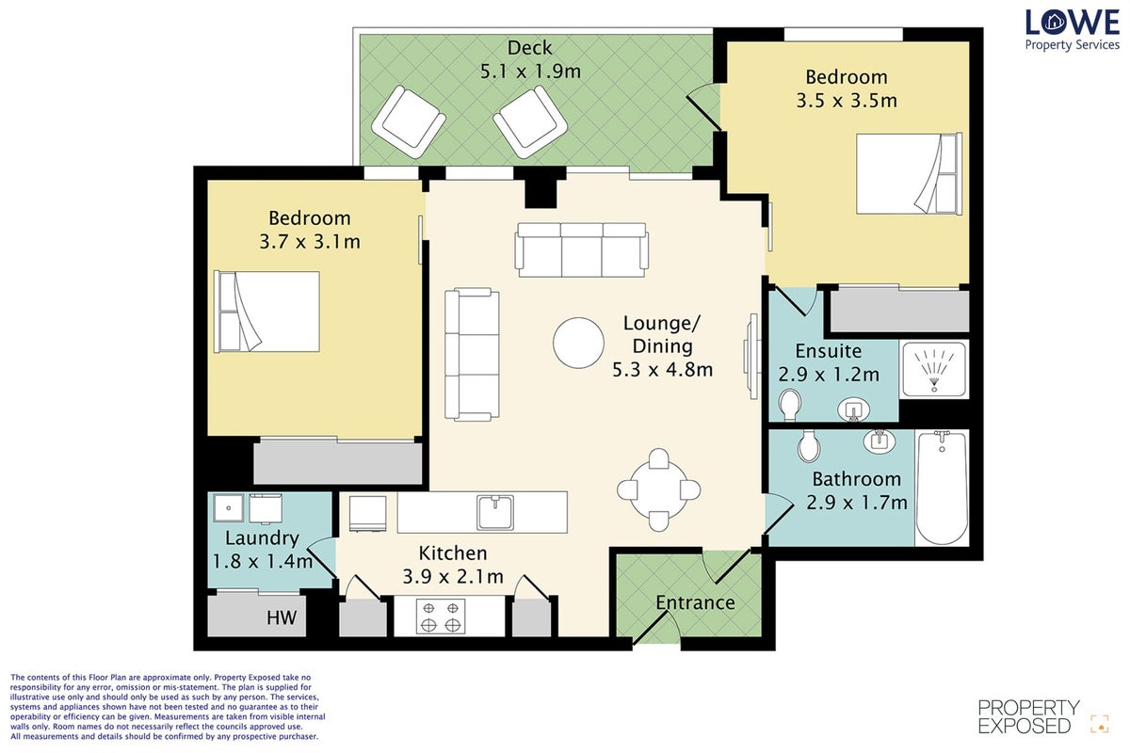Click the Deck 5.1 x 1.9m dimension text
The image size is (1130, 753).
[x=530, y=72]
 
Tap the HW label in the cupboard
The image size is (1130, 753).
[x=282, y=617]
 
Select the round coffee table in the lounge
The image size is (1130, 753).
[x=578, y=343]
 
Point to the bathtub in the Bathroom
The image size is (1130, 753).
[x=942, y=488]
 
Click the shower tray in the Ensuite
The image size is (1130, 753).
[x=934, y=370]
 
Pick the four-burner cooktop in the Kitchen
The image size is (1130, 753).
[x=441, y=617]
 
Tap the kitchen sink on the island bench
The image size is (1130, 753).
[x=495, y=512]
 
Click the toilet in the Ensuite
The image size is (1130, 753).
[x=789, y=405]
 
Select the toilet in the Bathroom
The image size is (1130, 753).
[x=809, y=445]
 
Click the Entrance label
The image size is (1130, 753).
[x=695, y=602]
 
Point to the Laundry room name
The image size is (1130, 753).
[x=262, y=537]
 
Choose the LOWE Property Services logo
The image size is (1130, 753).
[x=1072, y=30]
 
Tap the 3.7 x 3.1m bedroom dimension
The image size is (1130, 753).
[x=310, y=242]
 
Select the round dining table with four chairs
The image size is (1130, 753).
[x=658, y=489]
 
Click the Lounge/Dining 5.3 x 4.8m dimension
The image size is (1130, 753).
[x=662, y=370]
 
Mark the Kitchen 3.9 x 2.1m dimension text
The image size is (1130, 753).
[x=453, y=576]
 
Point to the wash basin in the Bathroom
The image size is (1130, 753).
[x=880, y=441]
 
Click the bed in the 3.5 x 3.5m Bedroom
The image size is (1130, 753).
[x=909, y=173]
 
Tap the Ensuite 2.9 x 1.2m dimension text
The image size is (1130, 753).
[x=829, y=375]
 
